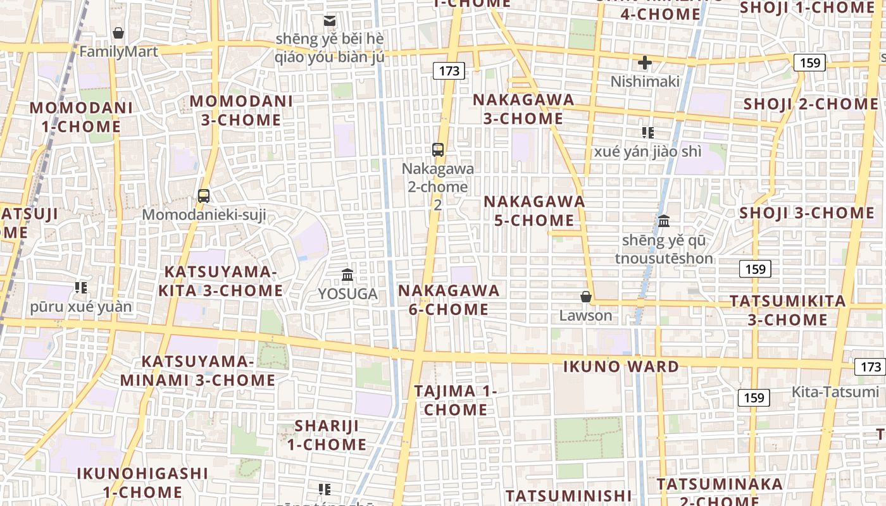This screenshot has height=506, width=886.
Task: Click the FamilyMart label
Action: [118, 51]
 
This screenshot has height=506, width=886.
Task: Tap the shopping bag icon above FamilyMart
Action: [118, 33]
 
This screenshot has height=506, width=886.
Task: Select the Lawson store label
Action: [586, 315]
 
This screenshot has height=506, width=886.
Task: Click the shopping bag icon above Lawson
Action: [586, 297]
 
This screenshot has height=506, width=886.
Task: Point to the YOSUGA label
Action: [347, 293]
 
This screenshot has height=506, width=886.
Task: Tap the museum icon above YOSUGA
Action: [347, 275]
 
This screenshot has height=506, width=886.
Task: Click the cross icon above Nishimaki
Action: [645, 63]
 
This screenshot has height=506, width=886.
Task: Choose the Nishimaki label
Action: [645, 81]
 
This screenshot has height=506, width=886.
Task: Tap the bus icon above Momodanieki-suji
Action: [204, 196]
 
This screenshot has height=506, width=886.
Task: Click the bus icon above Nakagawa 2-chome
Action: [438, 150]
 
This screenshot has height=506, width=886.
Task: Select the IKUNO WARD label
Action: [621, 366]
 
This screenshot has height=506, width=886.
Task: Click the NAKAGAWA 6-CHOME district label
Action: [449, 300]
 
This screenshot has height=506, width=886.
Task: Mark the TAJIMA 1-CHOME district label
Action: [456, 400]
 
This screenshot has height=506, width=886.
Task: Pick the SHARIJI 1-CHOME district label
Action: [327, 435]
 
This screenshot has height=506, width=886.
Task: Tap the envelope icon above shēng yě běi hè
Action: [330, 21]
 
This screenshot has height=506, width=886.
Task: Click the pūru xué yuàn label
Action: [81, 307]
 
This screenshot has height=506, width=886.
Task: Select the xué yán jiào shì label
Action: [647, 151]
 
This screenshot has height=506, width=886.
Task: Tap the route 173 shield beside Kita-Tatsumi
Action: [870, 367]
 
